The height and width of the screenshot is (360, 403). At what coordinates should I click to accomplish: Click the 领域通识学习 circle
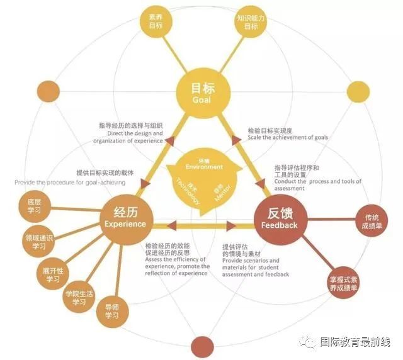[x=40, y=242]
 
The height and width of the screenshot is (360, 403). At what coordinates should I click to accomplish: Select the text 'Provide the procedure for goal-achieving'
[x=70, y=183]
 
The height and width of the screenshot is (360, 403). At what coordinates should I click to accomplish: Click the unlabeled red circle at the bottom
[x=202, y=346]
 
